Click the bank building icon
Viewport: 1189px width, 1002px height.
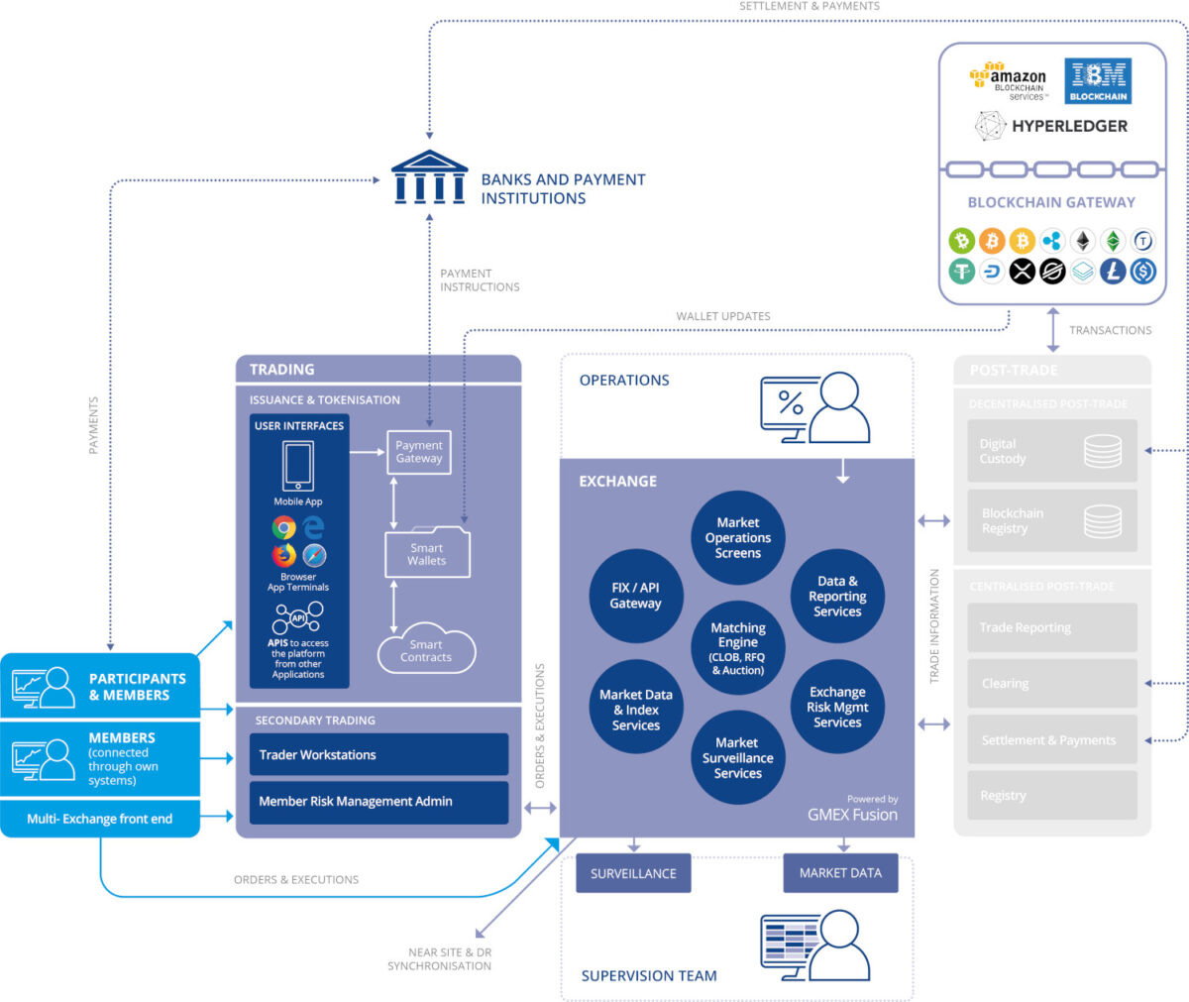pyautogui.click(x=428, y=177)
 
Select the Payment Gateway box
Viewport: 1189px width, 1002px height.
pyautogui.click(x=418, y=452)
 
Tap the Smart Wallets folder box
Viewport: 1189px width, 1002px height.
pyautogui.click(x=427, y=553)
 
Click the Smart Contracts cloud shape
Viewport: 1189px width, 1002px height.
pyautogui.click(x=426, y=650)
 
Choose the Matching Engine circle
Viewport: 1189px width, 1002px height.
pyautogui.click(x=737, y=648)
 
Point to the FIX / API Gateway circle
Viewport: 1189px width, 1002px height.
pyautogui.click(x=635, y=596)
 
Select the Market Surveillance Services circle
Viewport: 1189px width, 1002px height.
pyautogui.click(x=737, y=757)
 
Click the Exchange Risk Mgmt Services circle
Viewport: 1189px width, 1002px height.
pyautogui.click(x=837, y=707)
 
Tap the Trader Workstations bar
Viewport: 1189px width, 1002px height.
pyautogui.click(x=378, y=755)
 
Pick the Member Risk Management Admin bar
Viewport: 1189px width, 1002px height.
pyautogui.click(x=378, y=802)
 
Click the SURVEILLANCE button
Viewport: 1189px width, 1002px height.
pyautogui.click(x=633, y=873)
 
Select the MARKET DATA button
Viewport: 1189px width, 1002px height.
pyautogui.click(x=840, y=873)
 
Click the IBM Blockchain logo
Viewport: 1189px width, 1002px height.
pyautogui.click(x=1098, y=80)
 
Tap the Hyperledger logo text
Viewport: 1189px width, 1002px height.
pyautogui.click(x=1051, y=126)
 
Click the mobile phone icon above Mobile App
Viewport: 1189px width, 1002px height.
pyautogui.click(x=298, y=466)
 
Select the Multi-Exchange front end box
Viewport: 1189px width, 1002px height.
pyautogui.click(x=100, y=819)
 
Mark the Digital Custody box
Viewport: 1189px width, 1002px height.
pyautogui.click(x=1051, y=452)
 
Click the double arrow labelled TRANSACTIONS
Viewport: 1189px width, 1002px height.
pyautogui.click(x=1052, y=330)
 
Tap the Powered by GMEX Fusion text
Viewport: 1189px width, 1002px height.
pyautogui.click(x=852, y=809)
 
